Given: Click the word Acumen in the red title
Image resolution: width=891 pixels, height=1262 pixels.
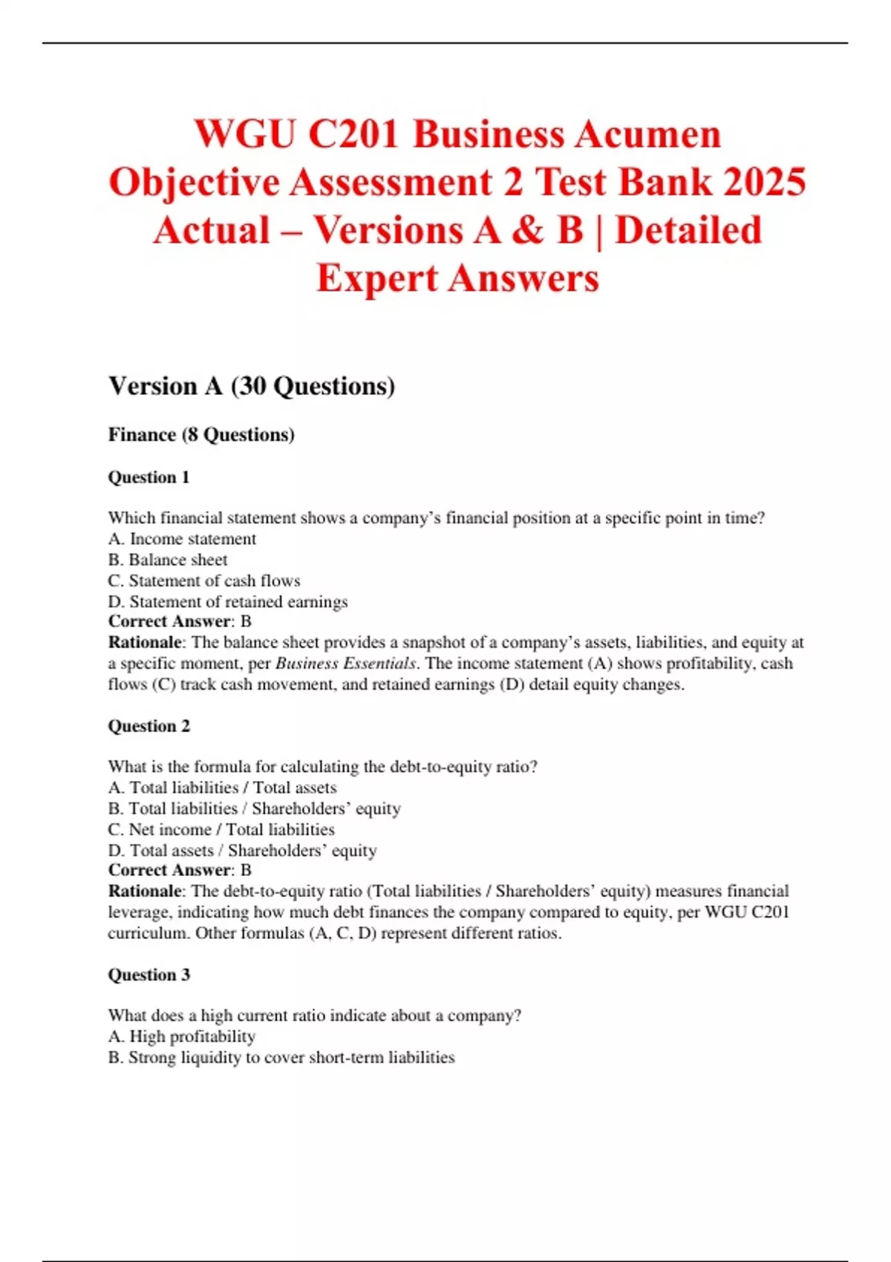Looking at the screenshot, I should click(647, 135).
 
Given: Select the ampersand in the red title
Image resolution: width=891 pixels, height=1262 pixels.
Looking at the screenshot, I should click(527, 230).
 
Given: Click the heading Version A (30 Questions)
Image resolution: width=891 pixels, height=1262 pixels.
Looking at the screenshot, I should click(252, 386).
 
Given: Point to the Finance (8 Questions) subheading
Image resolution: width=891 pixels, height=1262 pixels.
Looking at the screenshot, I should click(201, 434).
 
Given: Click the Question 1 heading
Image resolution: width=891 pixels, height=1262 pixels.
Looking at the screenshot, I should click(149, 477).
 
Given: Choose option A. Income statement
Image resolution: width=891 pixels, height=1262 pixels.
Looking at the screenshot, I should click(182, 539).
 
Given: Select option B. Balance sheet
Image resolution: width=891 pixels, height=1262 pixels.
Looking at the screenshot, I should click(168, 560).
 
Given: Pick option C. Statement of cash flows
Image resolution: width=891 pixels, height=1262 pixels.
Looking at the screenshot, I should click(204, 581).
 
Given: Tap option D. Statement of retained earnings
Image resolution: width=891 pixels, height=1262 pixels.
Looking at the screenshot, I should click(228, 601).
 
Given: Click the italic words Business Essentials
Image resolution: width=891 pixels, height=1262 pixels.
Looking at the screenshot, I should click(345, 664).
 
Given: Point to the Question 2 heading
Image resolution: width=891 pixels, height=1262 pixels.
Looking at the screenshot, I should click(149, 726).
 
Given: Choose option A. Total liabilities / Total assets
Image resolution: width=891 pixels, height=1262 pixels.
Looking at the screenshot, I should click(222, 788).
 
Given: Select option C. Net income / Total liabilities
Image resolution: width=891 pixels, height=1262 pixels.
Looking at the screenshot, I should click(221, 829).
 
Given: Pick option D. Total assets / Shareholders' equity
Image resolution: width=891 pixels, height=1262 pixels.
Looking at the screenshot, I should click(242, 850).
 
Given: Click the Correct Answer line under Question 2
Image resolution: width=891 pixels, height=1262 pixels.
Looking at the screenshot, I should click(180, 870).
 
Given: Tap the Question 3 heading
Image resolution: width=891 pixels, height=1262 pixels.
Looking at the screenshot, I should click(149, 975).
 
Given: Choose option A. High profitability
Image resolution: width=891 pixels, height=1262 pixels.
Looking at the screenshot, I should click(182, 1036).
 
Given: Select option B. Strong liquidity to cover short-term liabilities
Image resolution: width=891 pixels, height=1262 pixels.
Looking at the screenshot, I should click(281, 1057).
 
